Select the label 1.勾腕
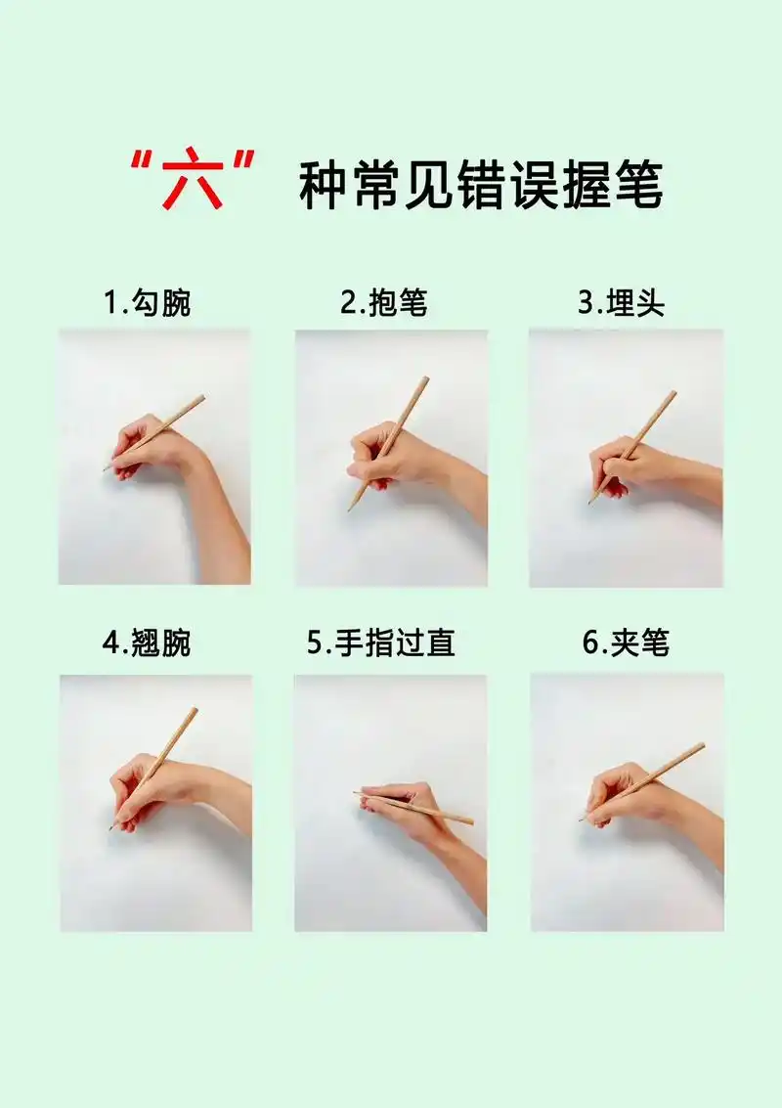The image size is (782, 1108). (x=148, y=303)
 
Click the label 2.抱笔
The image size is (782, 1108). (x=384, y=303)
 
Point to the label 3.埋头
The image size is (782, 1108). (x=621, y=303)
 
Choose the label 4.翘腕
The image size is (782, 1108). (x=148, y=643)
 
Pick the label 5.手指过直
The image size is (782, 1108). (x=381, y=643)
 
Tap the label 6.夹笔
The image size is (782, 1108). (x=627, y=643)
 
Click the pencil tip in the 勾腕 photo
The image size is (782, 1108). (x=106, y=470)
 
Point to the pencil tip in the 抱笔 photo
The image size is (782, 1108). (x=350, y=510)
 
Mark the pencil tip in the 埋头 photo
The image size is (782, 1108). (x=590, y=502)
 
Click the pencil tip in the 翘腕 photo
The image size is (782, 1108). (x=111, y=827)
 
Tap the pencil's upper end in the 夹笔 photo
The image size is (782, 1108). (x=702, y=745)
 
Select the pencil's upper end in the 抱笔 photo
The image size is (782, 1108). (x=426, y=379)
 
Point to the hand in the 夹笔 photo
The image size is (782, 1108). (x=626, y=794)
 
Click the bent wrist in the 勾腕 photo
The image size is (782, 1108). (x=195, y=460)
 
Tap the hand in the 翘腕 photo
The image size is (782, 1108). (x=147, y=787)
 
